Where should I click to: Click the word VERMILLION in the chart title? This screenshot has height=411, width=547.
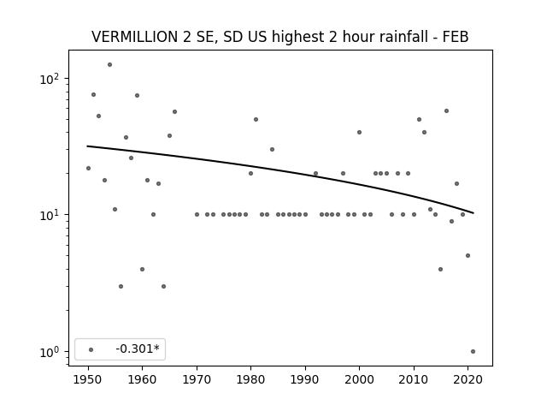coord(135,37)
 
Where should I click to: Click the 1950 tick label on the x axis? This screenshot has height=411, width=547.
coord(88,379)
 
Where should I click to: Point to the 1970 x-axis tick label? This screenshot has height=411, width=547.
coord(197,379)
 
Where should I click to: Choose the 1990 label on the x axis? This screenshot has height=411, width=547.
coord(305,379)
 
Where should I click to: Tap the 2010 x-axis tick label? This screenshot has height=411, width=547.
coord(414,379)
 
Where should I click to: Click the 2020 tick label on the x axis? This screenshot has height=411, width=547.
coord(468,379)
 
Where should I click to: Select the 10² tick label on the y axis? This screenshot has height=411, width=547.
coord(51,79)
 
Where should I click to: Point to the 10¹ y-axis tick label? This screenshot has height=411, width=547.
coord(51,215)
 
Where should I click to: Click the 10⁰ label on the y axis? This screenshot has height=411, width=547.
coord(51,352)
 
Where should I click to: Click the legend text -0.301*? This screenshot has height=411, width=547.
coord(138,348)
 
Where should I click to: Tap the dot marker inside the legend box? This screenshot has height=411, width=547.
coord(91,349)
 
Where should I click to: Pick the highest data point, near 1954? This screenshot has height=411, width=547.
coord(109,65)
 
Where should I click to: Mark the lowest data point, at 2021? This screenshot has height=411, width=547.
coord(473,352)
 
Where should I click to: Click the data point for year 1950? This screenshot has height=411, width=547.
coord(88,168)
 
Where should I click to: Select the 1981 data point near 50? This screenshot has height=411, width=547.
coord(256,120)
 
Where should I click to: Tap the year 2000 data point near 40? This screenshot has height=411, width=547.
coord(359,132)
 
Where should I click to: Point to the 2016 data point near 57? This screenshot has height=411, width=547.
coord(446,110)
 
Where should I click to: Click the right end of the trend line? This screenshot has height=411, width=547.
coord(473,213)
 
